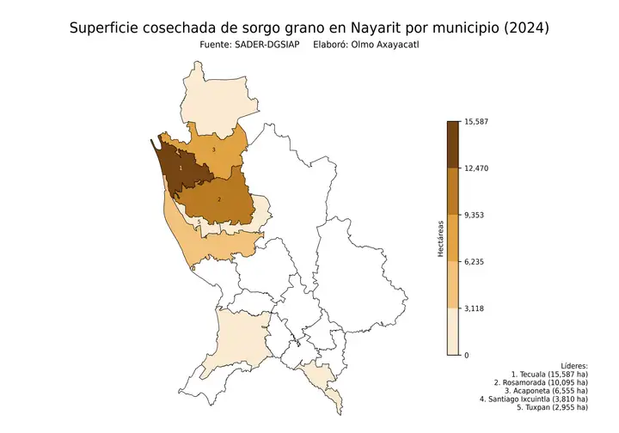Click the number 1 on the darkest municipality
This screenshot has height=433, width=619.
click(x=181, y=168)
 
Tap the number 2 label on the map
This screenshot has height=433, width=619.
click(x=219, y=199)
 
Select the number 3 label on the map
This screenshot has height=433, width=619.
click(x=213, y=150)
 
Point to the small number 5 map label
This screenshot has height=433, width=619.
click(x=199, y=222)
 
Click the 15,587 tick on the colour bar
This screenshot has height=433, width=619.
click(x=475, y=121)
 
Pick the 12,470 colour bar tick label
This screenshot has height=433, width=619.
click(x=475, y=168)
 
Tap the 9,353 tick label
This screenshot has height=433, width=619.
click(x=474, y=215)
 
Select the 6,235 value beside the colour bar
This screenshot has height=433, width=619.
click(x=474, y=261)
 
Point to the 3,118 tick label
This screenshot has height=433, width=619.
click(x=474, y=308)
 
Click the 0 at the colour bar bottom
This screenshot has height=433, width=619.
click(x=466, y=355)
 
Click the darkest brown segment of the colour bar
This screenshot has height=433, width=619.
click(x=453, y=144)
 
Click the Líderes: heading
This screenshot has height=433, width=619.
click(x=572, y=366)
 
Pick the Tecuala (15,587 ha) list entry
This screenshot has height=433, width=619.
click(x=549, y=375)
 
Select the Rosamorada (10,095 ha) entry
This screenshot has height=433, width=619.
click(x=542, y=382)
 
